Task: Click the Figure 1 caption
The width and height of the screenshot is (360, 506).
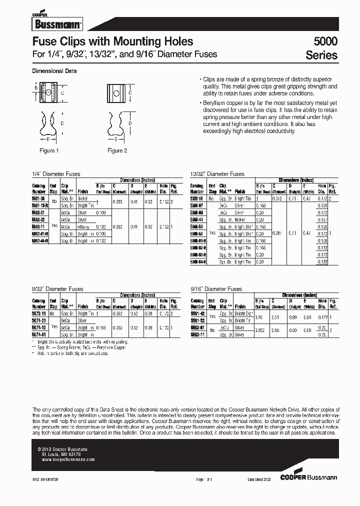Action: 49,150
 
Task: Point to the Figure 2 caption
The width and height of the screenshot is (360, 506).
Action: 118,150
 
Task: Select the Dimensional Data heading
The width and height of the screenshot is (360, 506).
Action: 54,71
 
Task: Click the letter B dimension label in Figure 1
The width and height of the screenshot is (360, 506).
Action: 36,87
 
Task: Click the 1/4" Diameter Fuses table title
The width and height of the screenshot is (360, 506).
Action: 55,174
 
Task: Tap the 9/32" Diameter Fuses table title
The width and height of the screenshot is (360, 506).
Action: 57,289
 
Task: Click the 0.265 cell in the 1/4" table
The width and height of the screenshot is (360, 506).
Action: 118,201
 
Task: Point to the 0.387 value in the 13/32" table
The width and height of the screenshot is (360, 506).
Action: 278,233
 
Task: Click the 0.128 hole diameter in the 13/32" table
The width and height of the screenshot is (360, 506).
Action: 322,261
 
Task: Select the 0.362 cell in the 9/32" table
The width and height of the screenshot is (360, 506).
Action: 118,314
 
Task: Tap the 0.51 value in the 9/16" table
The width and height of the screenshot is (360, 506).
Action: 276,317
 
